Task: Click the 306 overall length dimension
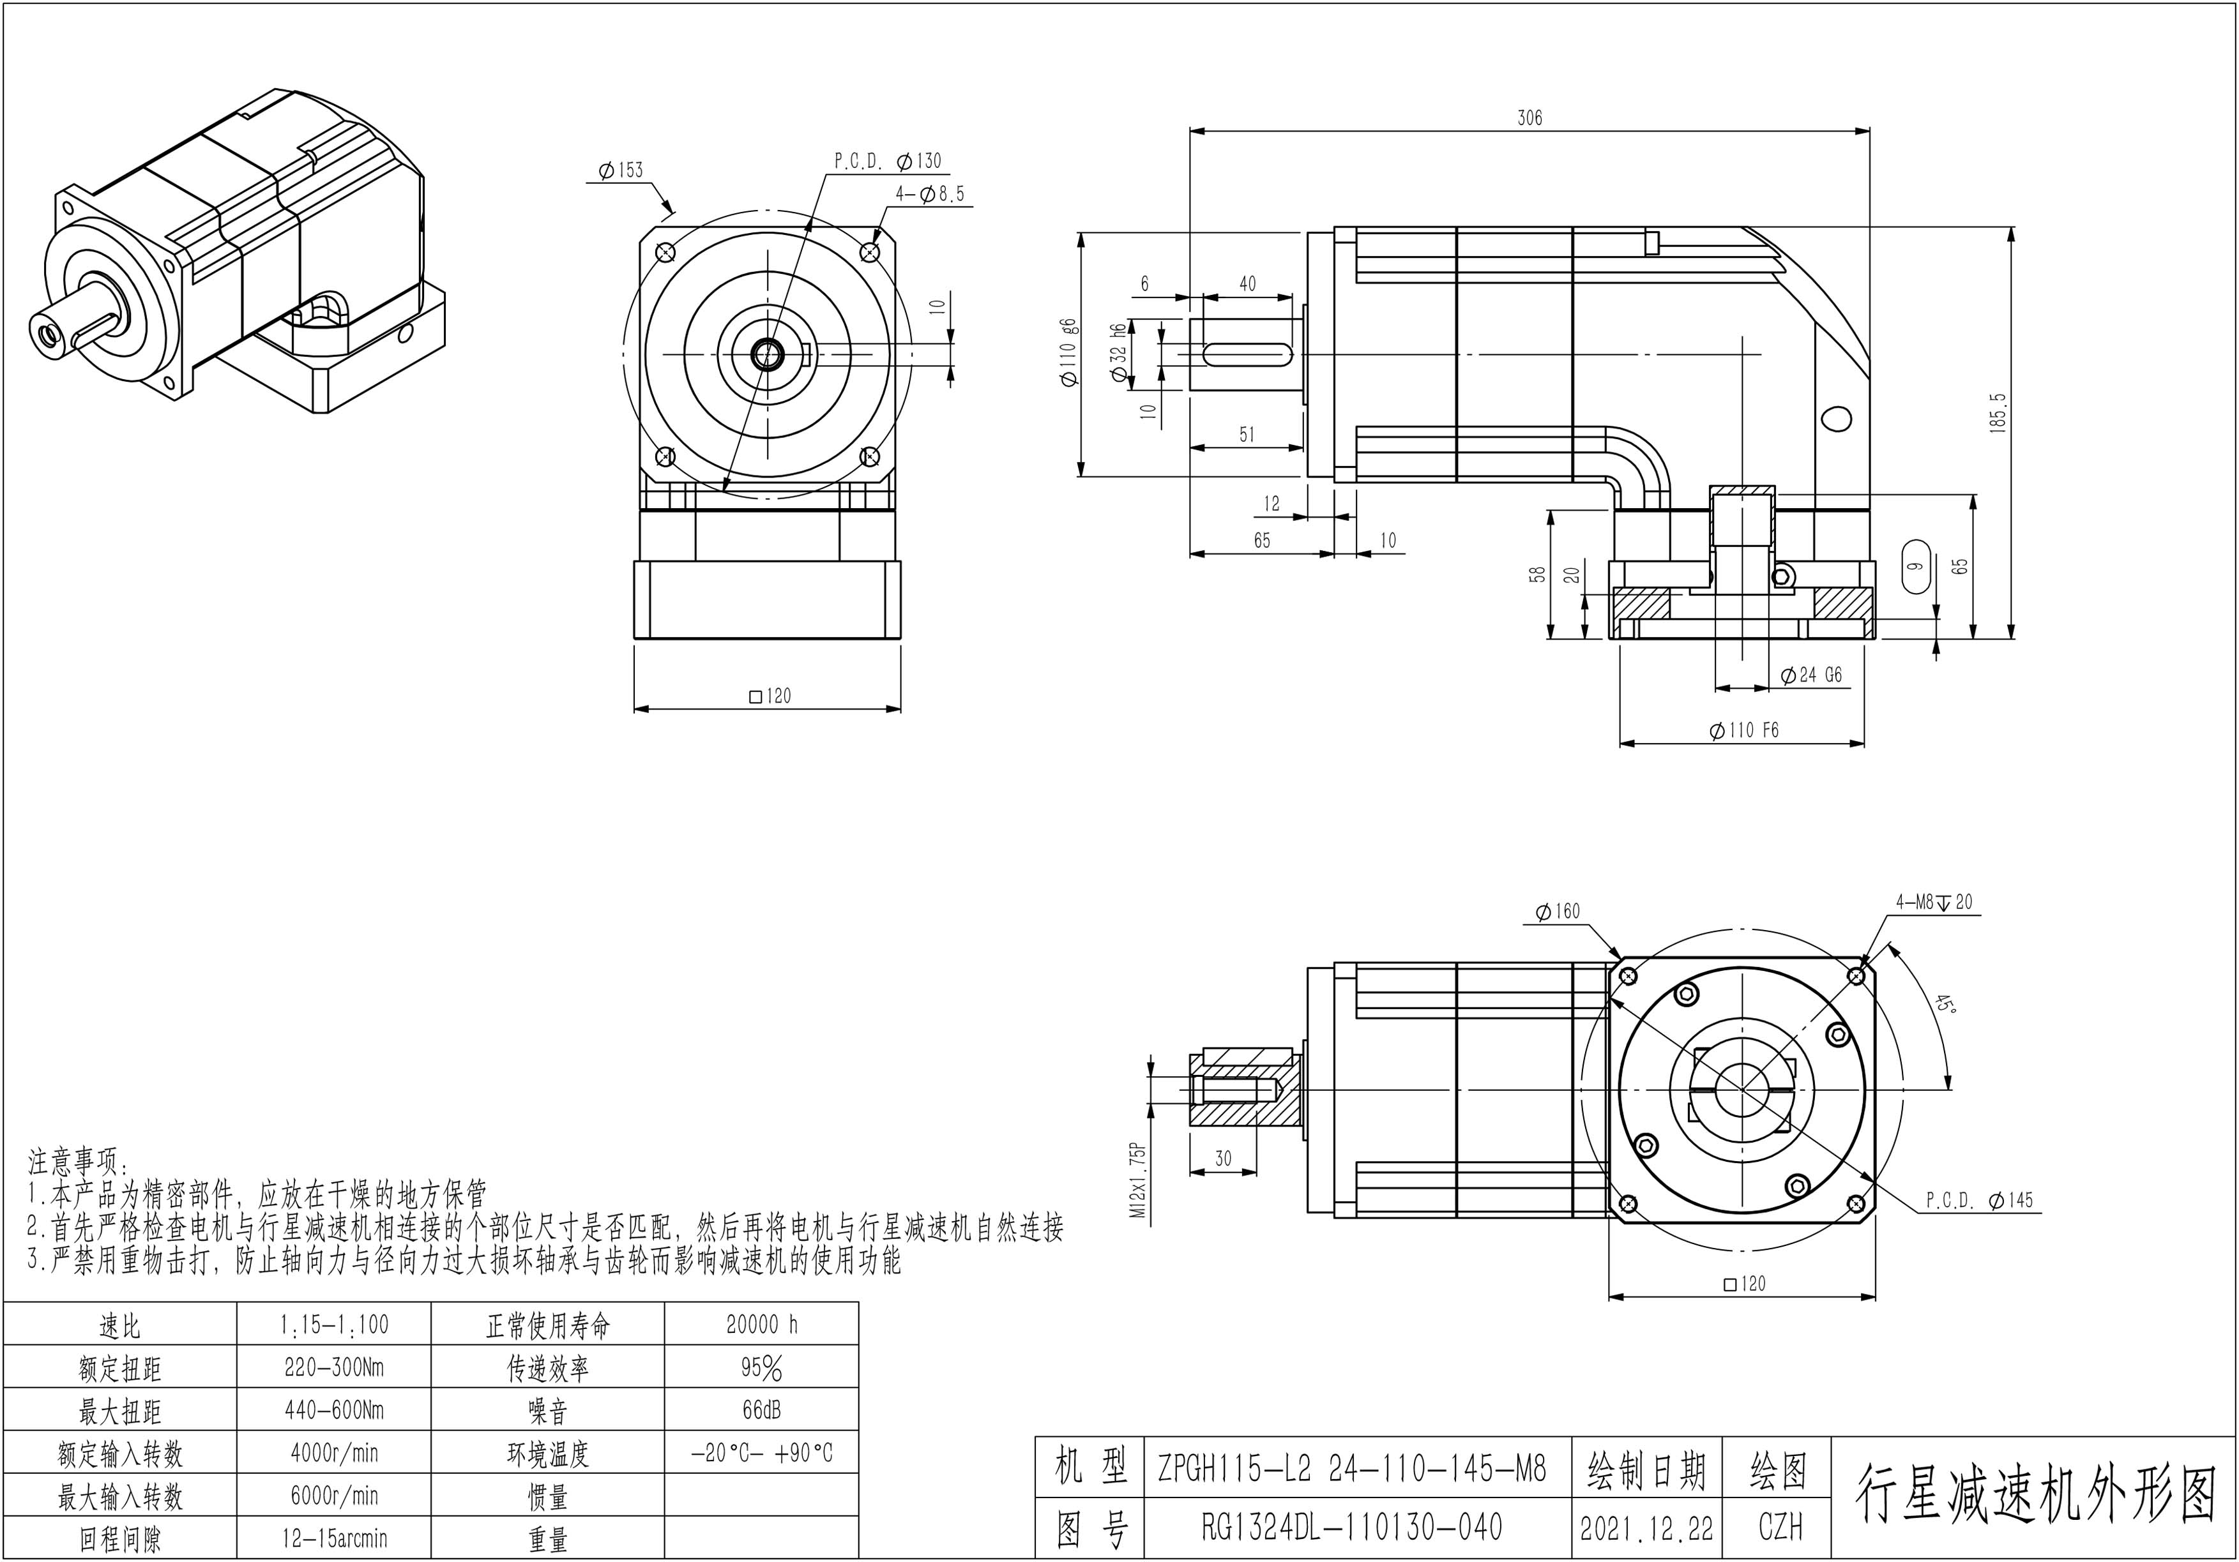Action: pyautogui.click(x=1529, y=118)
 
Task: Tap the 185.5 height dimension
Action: pyautogui.click(x=1998, y=412)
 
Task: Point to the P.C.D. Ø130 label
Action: pyautogui.click(x=888, y=161)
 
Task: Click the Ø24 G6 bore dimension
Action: pyautogui.click(x=1811, y=675)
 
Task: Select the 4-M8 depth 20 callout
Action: pyautogui.click(x=1933, y=902)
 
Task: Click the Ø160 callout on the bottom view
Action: pyautogui.click(x=1558, y=912)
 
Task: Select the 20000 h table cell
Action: pyautogui.click(x=762, y=1324)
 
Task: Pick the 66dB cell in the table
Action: pyautogui.click(x=762, y=1410)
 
